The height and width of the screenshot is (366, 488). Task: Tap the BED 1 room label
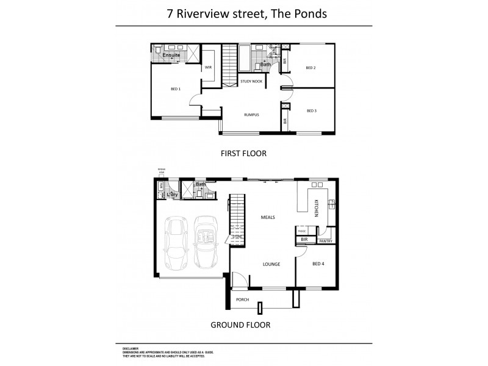pos(175,90)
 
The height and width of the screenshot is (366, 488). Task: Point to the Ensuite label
pos(170,54)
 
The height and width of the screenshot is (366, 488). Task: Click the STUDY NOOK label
pos(251,81)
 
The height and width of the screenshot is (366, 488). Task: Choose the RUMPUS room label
pos(252,113)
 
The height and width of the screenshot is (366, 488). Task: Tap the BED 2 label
pos(310,68)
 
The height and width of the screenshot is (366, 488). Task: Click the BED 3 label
pos(311,110)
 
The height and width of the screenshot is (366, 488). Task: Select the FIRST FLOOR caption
pos(243,154)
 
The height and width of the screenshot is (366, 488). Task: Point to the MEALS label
pos(267,217)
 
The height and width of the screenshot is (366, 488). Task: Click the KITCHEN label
pos(317,209)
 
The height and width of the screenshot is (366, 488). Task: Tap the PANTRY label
pos(325,241)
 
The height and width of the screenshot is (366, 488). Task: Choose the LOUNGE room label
pos(271,264)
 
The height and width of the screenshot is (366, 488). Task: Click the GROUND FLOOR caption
pos(240,325)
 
